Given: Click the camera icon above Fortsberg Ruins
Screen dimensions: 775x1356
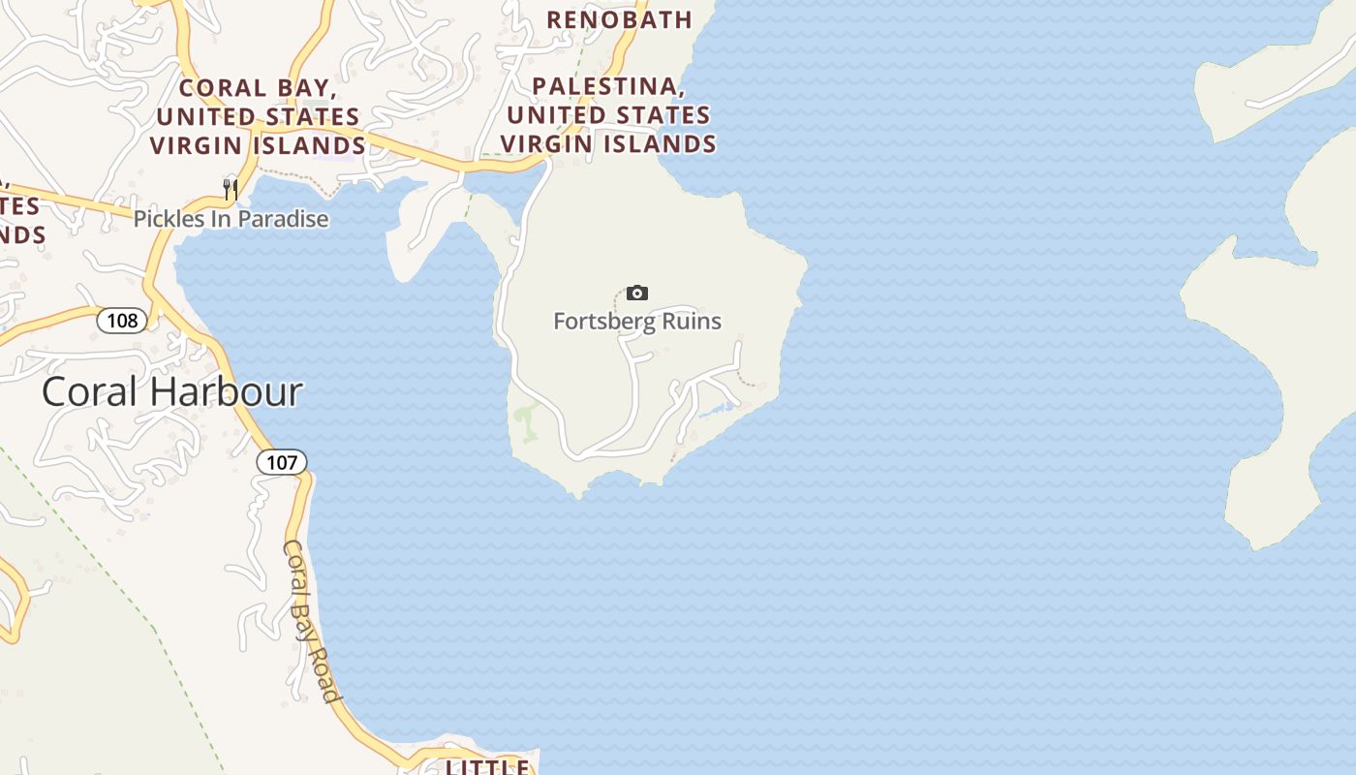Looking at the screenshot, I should pos(637,293).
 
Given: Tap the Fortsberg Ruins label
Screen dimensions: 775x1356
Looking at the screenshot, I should pos(637,321).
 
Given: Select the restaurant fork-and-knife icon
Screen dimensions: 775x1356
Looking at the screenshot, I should pos(231,189).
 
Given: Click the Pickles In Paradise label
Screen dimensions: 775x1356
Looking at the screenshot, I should pos(231,219).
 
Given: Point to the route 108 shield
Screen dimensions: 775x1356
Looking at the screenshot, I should pos(123,320).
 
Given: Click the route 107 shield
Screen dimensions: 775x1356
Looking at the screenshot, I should pos(282,462).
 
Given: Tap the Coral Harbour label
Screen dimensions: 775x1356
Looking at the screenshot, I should pos(172,392).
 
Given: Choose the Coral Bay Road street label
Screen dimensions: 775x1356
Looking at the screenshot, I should pos(311,620).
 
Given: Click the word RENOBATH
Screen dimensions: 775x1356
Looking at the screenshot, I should pos(620,19).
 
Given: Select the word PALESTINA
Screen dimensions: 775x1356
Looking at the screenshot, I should pos(608,87).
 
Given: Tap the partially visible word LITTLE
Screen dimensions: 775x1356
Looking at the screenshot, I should pos(487,767).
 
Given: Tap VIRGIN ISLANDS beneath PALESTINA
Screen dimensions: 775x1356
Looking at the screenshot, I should pos(608,143).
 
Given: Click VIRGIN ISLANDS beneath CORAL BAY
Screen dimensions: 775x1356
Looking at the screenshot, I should pos(258,145).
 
